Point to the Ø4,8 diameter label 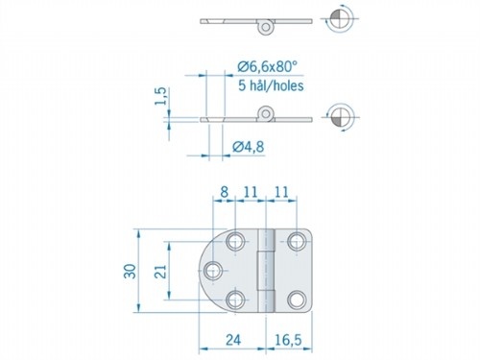pyautogui.click(x=252, y=147)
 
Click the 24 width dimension pyautogui.click(x=231, y=338)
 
